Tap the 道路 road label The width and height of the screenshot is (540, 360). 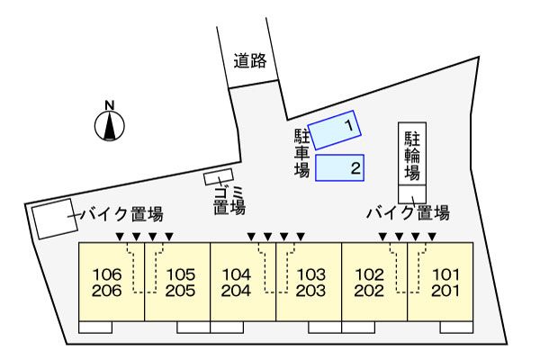[x=250, y=61]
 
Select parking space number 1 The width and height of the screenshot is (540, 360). [x=335, y=129]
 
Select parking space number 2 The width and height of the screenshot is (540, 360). [x=341, y=167]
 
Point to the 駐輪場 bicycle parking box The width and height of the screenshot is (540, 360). [x=412, y=155]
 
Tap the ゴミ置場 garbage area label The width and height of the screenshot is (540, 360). [x=229, y=200]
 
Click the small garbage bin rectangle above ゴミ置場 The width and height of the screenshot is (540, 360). [x=219, y=176]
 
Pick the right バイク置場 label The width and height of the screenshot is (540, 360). [x=408, y=213]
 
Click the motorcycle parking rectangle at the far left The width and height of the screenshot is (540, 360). [x=54, y=219]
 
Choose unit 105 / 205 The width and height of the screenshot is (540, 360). [x=177, y=281]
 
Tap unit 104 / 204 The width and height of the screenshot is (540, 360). [x=243, y=281]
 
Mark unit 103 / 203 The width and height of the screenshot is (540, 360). [x=309, y=281]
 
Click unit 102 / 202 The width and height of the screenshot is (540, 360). [x=374, y=281]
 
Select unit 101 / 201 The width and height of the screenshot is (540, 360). [x=441, y=281]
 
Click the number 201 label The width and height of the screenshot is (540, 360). [x=445, y=291]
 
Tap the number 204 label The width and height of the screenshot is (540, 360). [x=236, y=291]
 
